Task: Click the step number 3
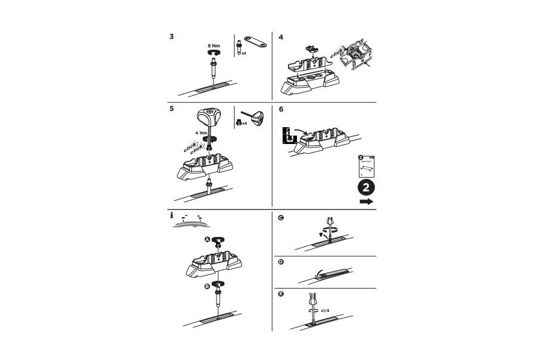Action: coord(172,37)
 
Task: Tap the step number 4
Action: coord(281,37)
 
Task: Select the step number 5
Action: coord(172,110)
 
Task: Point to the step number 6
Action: coord(281,110)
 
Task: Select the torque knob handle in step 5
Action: coord(211,115)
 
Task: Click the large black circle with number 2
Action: coord(366,186)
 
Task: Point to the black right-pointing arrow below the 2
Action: coord(366,202)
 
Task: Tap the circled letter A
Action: coord(208,239)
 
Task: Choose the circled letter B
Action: coord(207,287)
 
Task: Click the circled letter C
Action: coord(281,218)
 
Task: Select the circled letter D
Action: coord(281,262)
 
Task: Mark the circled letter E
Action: coord(281,294)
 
